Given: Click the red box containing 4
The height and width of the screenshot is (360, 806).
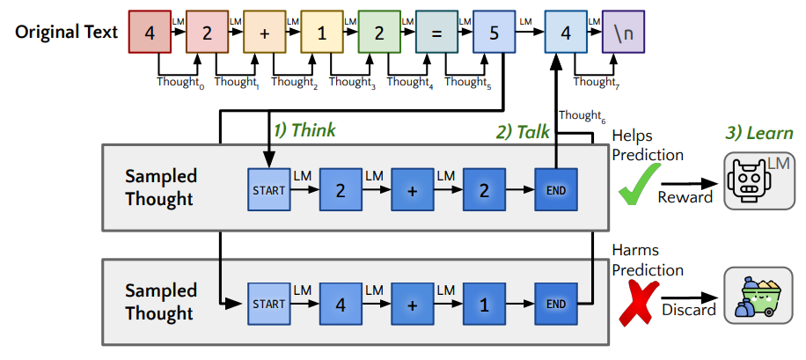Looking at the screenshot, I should point(150,33).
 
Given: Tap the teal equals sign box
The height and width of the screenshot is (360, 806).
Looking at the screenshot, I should point(437,33).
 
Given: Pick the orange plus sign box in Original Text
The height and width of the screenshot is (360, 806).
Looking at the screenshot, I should point(265,33).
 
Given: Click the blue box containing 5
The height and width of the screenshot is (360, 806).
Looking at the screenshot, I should point(495,33).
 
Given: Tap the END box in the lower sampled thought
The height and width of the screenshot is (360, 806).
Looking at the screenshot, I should point(556,305).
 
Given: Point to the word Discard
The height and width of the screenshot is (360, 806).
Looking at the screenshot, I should point(685,310).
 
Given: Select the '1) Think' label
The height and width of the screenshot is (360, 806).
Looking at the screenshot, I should point(304,130).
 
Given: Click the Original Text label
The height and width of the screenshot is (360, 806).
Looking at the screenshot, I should point(65,33).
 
